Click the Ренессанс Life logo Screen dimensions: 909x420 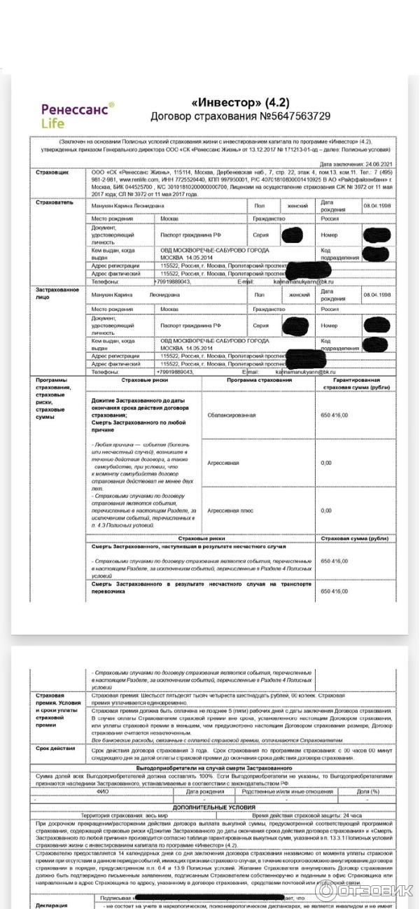(76, 116)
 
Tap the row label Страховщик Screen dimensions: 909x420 (52, 172)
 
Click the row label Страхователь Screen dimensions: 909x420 (54, 202)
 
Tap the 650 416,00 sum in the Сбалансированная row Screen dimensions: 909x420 (335, 415)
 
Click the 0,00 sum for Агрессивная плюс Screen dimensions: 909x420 (326, 510)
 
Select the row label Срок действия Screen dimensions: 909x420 (55, 748)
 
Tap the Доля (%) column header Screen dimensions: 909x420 (367, 791)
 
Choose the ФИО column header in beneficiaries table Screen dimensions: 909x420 (103, 791)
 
